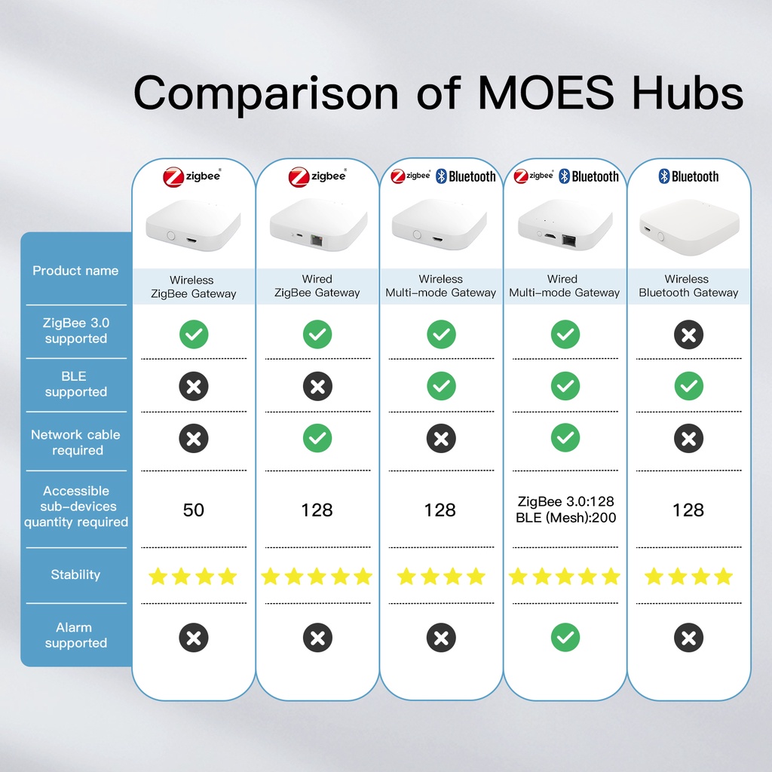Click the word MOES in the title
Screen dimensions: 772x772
click(546, 93)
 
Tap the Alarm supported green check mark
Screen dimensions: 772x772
click(565, 638)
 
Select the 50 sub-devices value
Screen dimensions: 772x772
click(194, 510)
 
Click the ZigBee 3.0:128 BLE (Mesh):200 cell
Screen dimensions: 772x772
click(565, 509)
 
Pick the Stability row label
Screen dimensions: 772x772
click(75, 574)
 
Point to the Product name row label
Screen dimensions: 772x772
click(75, 271)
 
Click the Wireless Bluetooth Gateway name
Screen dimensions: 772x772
click(688, 286)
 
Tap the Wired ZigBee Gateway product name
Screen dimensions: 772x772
click(317, 286)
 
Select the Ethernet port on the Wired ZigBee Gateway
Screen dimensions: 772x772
click(316, 240)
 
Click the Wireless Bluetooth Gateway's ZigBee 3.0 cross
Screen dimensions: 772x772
click(688, 335)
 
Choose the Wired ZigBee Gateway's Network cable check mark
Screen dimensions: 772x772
click(317, 438)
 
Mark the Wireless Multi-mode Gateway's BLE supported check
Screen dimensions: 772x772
click(441, 386)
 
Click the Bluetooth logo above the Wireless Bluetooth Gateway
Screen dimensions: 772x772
click(688, 176)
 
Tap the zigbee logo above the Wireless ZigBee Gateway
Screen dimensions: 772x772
click(192, 176)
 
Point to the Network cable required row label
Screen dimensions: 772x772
click(75, 442)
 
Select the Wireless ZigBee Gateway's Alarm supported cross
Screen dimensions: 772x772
click(194, 638)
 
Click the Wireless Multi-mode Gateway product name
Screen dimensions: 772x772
click(440, 286)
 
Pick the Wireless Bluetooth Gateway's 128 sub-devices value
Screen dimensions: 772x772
click(688, 510)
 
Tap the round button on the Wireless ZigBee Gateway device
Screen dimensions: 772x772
click(171, 235)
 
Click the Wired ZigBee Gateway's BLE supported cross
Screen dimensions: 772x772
click(317, 387)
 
